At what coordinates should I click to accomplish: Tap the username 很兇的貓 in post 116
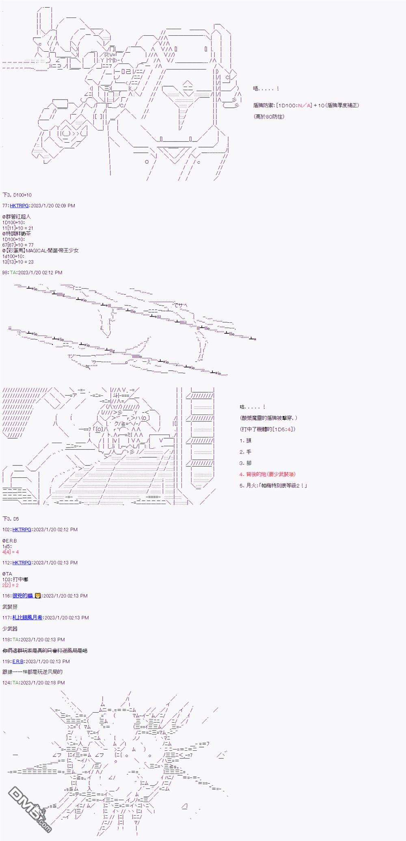click(x=23, y=595)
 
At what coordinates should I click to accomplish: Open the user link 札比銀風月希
click(x=27, y=617)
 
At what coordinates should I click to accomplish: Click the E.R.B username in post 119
click(x=18, y=661)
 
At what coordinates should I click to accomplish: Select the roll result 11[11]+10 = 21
click(x=18, y=228)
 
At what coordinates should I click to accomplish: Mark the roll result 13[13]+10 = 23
click(x=18, y=262)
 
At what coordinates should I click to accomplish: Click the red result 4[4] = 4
click(x=11, y=552)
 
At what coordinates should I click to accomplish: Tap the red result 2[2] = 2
click(x=11, y=585)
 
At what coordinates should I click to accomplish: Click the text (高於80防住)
click(x=269, y=117)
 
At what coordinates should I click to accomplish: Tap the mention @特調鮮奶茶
click(x=17, y=234)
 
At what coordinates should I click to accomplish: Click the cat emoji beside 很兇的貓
click(x=38, y=595)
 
